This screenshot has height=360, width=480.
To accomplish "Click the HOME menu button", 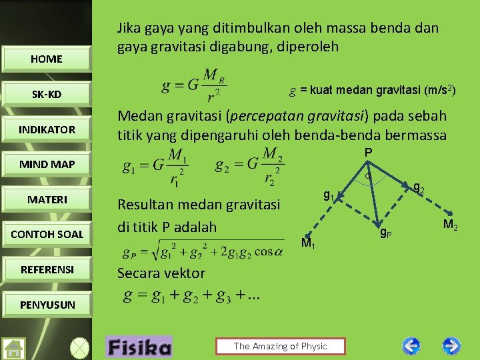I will click(46, 59).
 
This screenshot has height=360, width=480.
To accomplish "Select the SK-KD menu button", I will click(46, 94).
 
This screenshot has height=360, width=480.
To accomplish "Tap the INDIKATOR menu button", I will click(46, 129).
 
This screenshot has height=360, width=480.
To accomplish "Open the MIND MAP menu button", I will click(46, 164).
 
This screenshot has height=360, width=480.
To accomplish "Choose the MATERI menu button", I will click(46, 199).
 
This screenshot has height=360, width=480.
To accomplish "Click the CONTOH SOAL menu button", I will click(46, 234).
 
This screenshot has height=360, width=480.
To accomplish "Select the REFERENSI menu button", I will click(46, 269).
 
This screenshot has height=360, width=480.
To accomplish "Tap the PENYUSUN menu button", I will click(46, 305).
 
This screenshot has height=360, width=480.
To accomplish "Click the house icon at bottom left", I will click(14, 348).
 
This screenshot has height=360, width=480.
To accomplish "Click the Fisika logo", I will click(139, 347).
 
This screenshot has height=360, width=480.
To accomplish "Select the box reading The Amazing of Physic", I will click(280, 346).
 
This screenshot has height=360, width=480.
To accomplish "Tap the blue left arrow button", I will click(412, 346).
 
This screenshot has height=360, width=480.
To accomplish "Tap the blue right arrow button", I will click(451, 346).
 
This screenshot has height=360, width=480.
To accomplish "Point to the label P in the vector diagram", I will click(367, 153).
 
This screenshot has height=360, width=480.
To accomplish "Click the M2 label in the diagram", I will click(450, 225).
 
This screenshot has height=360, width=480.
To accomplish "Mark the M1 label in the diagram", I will click(308, 244).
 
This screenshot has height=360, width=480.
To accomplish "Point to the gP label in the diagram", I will click(385, 233).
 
